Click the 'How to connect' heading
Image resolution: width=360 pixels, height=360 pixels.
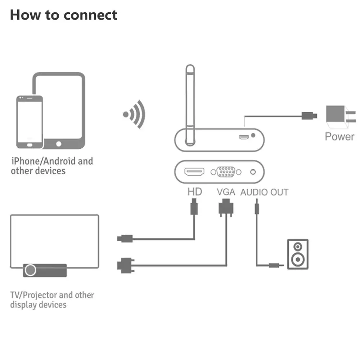[x=63, y=15]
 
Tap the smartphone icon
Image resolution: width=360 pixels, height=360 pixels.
[x=30, y=122]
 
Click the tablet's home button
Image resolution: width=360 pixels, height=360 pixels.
[x=59, y=144]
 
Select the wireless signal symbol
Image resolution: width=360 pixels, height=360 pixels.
[x=135, y=114]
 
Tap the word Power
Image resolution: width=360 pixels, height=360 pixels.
[x=339, y=136]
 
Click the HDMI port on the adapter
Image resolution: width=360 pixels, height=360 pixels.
[x=194, y=172]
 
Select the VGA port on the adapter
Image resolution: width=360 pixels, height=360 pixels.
[x=226, y=172]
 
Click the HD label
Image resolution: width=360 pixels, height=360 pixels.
[x=195, y=192]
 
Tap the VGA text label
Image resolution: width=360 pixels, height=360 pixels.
[x=226, y=192]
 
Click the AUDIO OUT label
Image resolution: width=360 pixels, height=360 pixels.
[x=264, y=192]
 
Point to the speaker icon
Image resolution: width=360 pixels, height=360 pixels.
[x=298, y=254]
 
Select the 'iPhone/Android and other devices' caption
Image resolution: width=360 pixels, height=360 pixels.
[x=51, y=166]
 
